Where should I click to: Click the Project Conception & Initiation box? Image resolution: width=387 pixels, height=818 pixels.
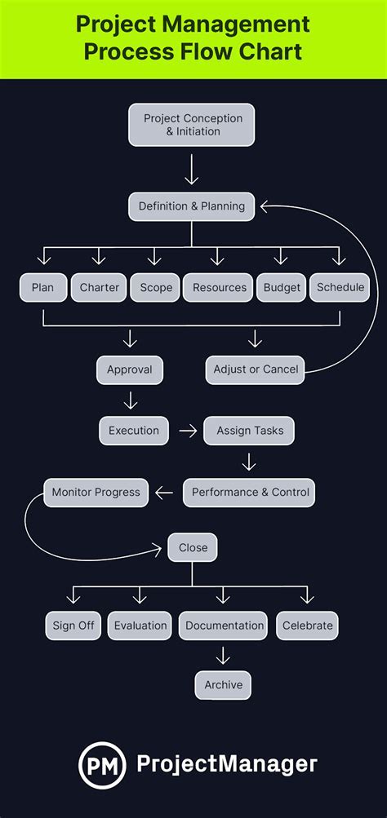[192, 125]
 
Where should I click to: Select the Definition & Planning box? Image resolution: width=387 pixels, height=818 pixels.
[192, 206]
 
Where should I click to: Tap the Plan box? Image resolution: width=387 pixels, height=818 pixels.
[42, 288]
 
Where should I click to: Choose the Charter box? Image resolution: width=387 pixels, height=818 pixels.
[100, 288]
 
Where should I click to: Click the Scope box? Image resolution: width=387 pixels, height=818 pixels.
[156, 288]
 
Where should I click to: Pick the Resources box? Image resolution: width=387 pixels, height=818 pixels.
[219, 288]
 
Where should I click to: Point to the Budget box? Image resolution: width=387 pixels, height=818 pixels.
[282, 288]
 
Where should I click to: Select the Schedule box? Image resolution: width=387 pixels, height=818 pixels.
[340, 288]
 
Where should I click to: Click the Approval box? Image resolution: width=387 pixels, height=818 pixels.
[130, 369]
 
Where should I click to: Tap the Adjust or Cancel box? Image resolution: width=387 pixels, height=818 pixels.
[256, 369]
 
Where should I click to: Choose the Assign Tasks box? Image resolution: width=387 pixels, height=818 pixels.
[249, 431]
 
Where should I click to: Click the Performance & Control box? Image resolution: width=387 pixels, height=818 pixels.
[248, 493]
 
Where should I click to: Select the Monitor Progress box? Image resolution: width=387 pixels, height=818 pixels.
[96, 493]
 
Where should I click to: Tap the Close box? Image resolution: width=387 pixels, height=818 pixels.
[193, 547]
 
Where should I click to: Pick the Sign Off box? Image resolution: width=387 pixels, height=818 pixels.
[73, 626]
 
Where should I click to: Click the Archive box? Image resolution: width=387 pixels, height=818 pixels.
[223, 685]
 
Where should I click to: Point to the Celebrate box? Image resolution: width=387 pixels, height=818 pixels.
[307, 626]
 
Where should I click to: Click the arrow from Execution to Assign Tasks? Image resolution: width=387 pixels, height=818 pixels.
[188, 431]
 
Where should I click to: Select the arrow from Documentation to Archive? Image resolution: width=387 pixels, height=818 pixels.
[223, 654]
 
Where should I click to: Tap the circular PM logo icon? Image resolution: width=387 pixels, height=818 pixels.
[103, 764]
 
